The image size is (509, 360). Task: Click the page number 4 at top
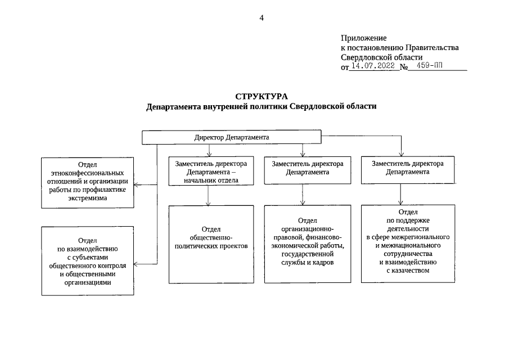(261, 17)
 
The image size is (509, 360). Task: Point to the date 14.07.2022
(372, 66)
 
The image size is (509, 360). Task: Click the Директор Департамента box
(231, 137)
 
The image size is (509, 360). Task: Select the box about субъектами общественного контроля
(87, 260)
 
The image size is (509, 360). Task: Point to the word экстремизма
(87, 199)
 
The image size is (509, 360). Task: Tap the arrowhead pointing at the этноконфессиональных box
(137, 184)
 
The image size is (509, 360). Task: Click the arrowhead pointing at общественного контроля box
(137, 263)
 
